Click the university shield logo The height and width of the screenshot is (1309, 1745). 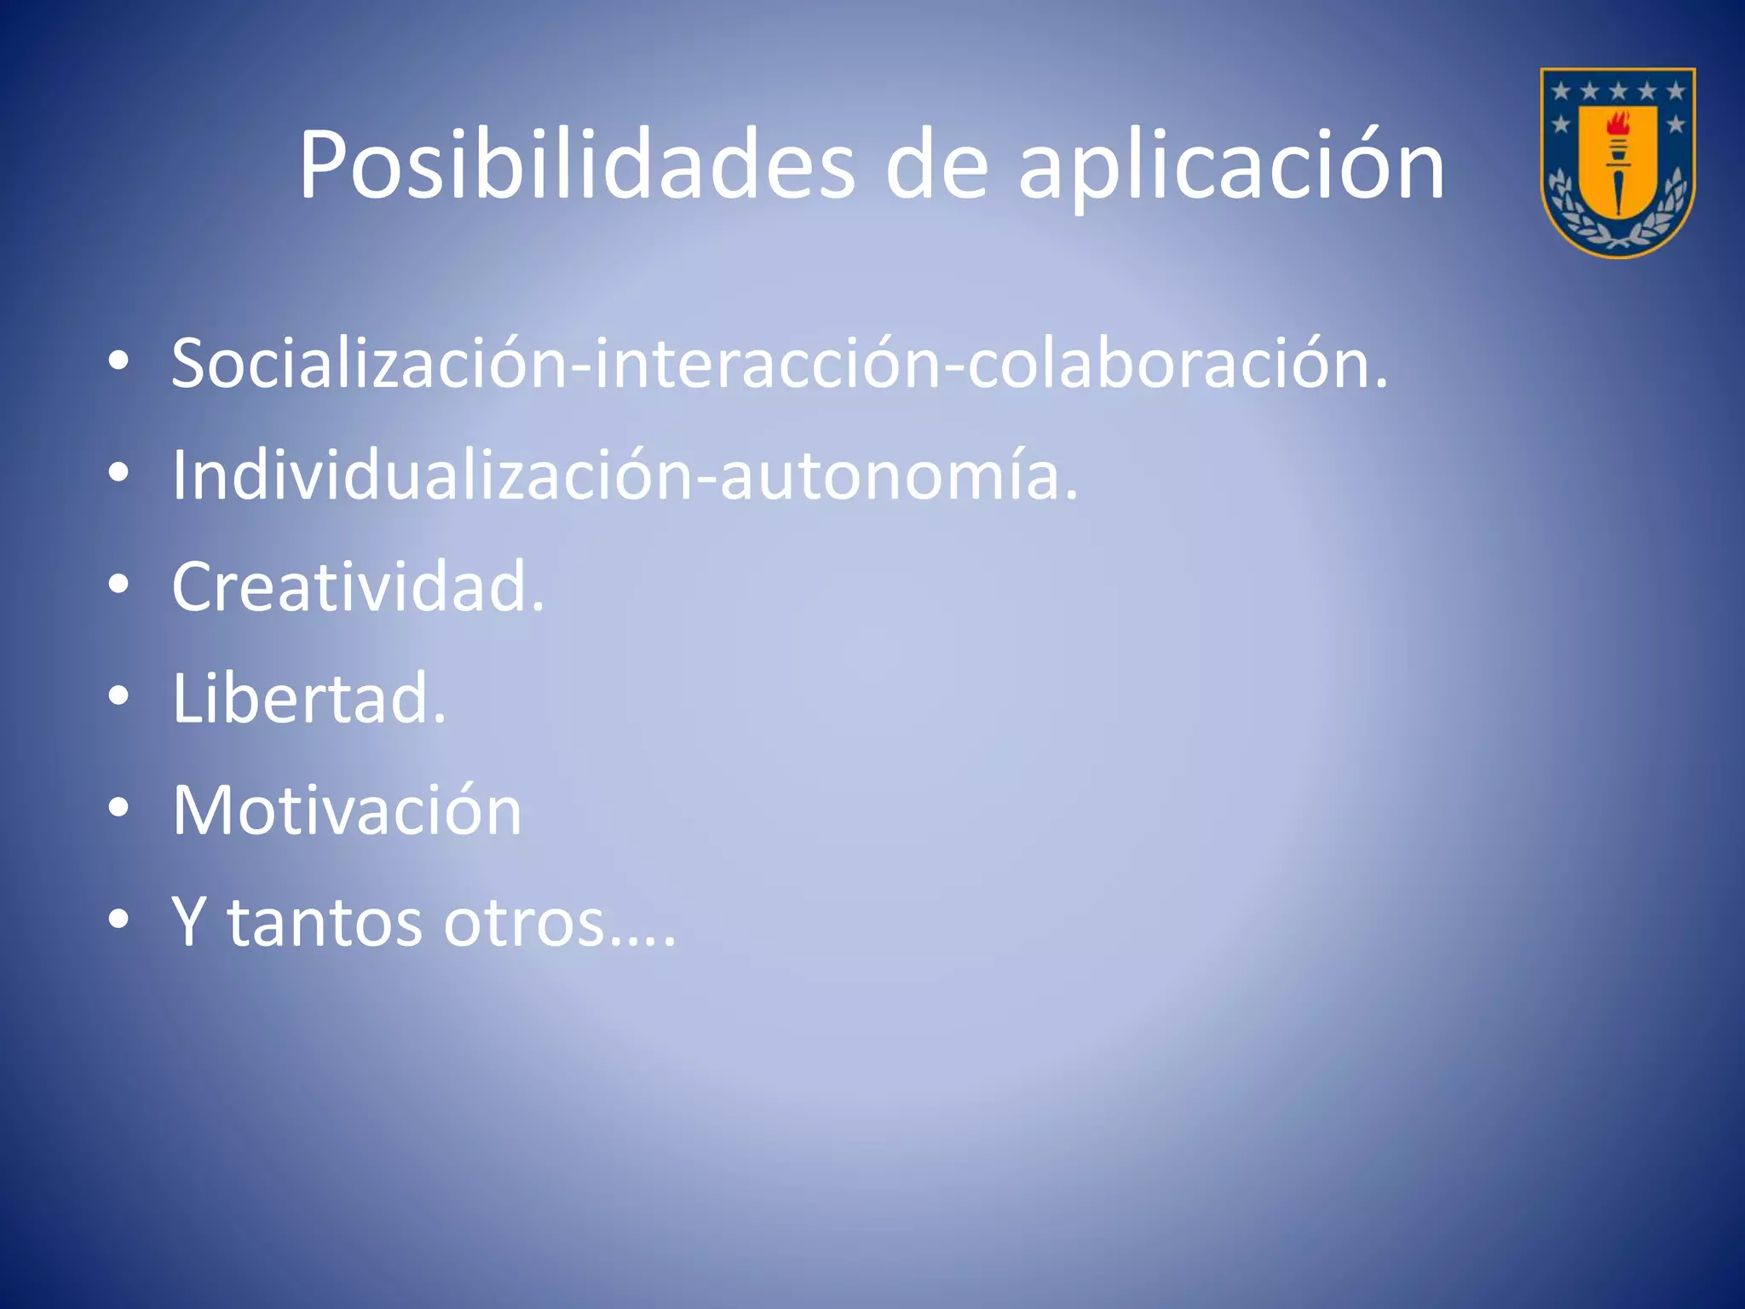click(1617, 162)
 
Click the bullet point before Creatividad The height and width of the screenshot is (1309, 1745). click(119, 585)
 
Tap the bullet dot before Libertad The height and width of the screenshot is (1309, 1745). click(119, 696)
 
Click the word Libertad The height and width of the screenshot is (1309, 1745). click(308, 698)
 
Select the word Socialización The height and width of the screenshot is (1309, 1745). click(368, 363)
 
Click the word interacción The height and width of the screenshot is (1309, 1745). click(766, 363)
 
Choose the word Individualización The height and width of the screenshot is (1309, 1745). click(433, 475)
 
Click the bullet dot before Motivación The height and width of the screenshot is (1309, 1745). click(119, 808)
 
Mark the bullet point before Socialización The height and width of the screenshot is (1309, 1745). click(119, 361)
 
